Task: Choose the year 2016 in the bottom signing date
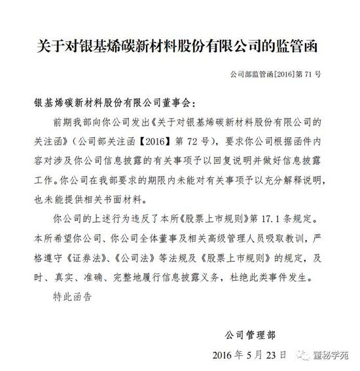tap(226, 355)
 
